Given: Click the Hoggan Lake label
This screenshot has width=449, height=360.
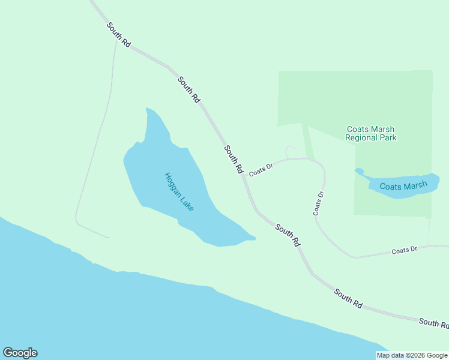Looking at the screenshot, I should coord(179,192).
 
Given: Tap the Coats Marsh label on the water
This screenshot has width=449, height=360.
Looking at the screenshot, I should coord(403,186).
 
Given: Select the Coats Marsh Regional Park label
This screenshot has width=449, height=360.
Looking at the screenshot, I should coord(371,133).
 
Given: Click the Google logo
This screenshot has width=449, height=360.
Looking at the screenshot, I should coord(20,353).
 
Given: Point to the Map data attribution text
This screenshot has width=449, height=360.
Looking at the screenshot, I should coord(412,355).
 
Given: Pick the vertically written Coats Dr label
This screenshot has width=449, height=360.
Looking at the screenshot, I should coord(318,203).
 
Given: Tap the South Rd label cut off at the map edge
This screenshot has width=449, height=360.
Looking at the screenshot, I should coord(433,323).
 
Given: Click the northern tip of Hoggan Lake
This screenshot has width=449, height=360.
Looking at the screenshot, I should coord(148,110).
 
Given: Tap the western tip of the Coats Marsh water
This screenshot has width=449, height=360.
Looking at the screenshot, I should coord(358,171).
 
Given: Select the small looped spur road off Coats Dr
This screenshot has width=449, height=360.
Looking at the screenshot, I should coord(290,151).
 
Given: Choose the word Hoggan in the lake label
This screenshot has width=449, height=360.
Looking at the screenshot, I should coord(172,183).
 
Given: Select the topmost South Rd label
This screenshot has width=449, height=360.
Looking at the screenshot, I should coord(118,34).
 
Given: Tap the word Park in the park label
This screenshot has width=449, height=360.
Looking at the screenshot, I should coord(388,137).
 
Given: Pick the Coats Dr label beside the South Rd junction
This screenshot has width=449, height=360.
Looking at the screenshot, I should coord(261,170).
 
